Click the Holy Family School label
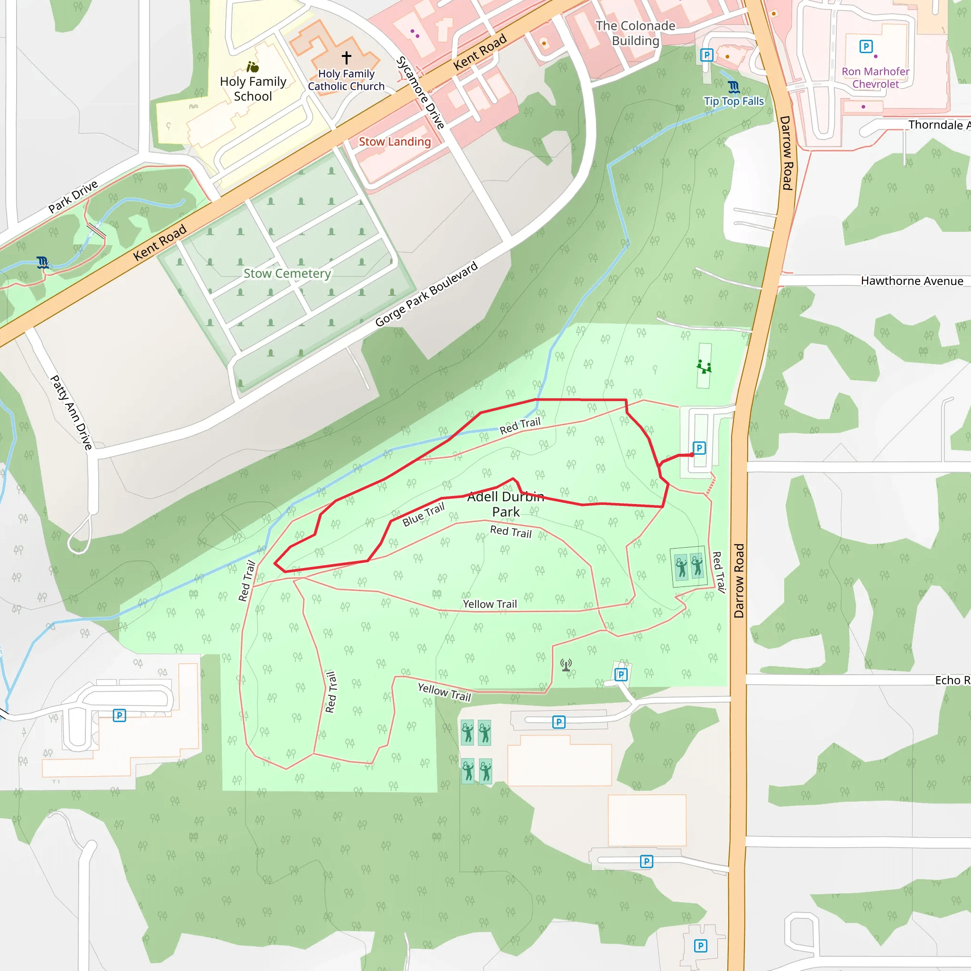pos(253,89)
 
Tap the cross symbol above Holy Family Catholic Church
pos(346,57)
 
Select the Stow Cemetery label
pos(287,274)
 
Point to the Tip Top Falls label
pos(733,101)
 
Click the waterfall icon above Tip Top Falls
pos(734,87)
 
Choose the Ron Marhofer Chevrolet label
pos(875,78)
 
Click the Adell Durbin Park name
pos(505,504)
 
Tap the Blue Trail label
pos(424,514)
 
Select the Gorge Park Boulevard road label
pos(426,294)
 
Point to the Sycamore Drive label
pos(421,93)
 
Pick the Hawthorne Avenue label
pos(912,281)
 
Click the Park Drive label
pos(73,196)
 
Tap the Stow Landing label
pos(394,142)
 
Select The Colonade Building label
pos(635,33)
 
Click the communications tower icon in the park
pos(567,665)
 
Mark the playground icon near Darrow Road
pos(704,366)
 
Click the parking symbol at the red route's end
pos(699,448)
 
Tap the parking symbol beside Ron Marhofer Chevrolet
pos(865,47)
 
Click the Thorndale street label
pos(938,125)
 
